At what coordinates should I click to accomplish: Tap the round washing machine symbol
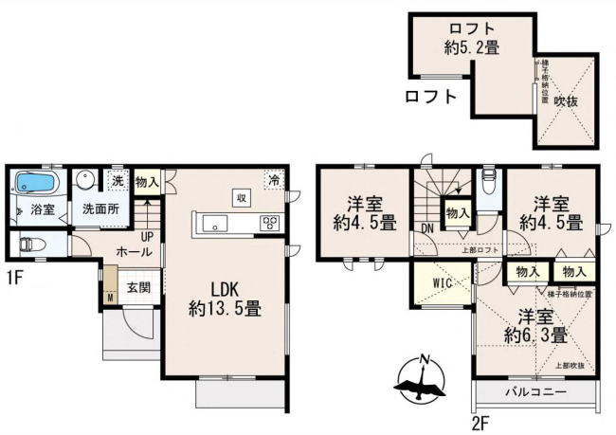(86, 180)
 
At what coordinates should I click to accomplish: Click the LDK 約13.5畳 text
(225, 297)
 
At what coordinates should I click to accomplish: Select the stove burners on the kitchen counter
(269, 225)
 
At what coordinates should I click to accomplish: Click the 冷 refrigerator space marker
(273, 180)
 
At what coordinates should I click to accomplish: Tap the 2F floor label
(482, 418)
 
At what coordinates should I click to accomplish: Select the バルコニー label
(534, 392)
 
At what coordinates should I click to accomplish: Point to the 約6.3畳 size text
(535, 335)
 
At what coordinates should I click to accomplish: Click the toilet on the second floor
(486, 181)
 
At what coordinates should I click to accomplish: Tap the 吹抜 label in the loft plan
(567, 99)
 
